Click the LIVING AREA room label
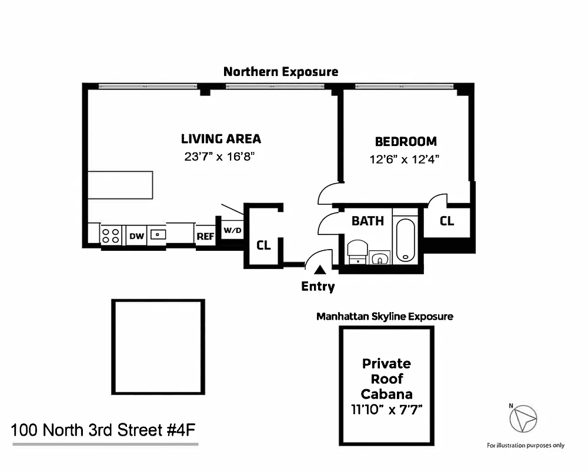point(220,139)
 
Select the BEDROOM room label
point(406,141)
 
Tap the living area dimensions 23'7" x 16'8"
point(220,157)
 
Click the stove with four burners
point(111,235)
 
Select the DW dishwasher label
point(136,236)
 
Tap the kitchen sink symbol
point(158,234)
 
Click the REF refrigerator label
point(205,236)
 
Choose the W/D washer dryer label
point(232,230)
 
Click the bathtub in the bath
point(406,240)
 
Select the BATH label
point(367,221)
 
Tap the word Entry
point(318,287)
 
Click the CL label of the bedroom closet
point(447,221)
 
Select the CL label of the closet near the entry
point(263,244)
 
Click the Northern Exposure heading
point(280,72)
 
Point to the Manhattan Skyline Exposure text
point(385,316)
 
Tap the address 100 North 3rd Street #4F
point(103,430)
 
